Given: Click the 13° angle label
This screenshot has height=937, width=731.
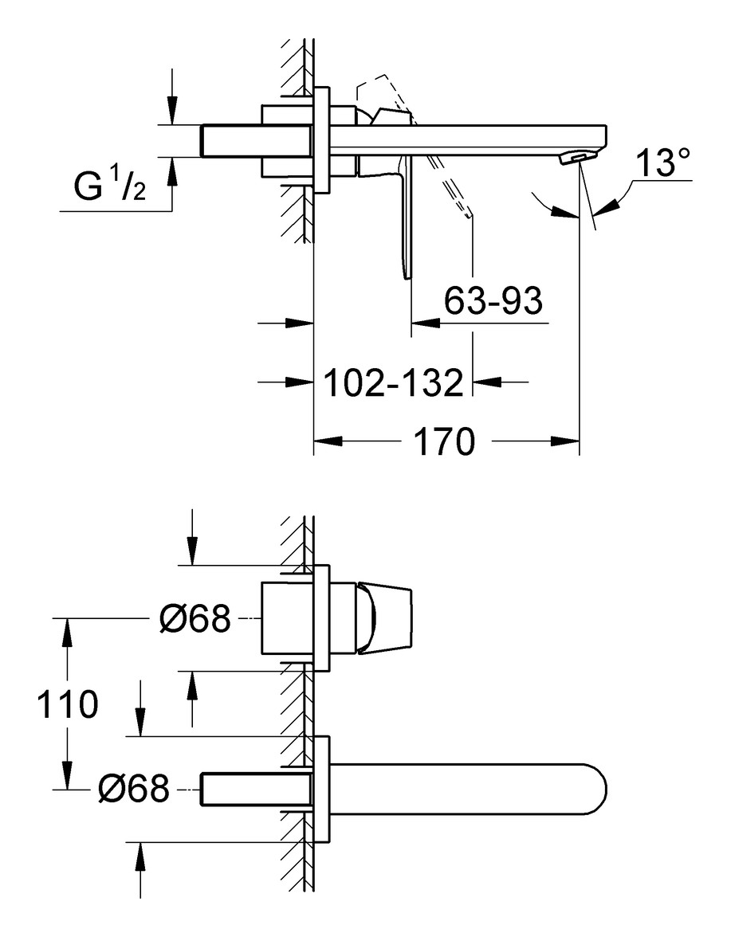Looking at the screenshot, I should point(662,166).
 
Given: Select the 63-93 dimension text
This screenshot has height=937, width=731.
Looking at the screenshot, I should point(493,302).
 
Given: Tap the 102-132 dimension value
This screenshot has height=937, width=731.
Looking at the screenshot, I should point(393,383).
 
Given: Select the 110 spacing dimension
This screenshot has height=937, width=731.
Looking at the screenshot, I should point(67,704).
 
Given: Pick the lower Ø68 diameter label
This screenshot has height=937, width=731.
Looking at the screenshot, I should point(134,789).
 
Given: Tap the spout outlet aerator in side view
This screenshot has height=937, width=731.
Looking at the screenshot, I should point(576,159).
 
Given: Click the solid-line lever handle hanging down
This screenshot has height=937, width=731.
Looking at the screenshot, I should point(408,223).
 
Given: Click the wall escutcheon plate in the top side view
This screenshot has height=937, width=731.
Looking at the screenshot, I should point(322,140).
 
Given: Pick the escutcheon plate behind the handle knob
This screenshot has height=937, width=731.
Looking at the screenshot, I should point(322,618).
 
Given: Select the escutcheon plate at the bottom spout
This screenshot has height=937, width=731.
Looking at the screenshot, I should point(322,790).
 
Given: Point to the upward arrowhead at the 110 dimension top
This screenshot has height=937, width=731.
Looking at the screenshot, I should point(67,629).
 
